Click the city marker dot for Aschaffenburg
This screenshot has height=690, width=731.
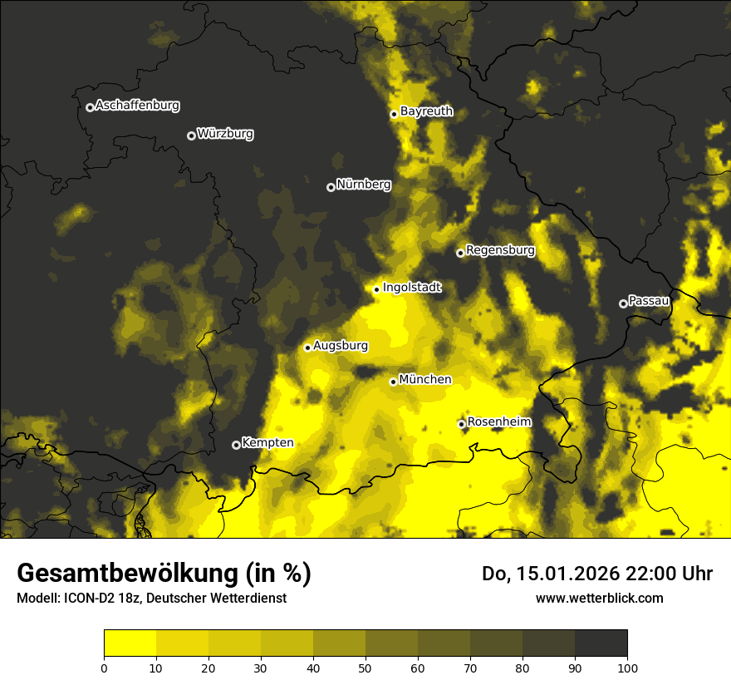pyautogui.click(x=90, y=107)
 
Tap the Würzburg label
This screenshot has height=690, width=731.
pyautogui.click(x=225, y=134)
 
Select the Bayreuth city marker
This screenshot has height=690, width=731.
pyautogui.click(x=394, y=114)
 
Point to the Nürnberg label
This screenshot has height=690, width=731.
pyautogui.click(x=363, y=185)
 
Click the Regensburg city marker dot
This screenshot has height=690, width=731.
pyautogui.click(x=460, y=253)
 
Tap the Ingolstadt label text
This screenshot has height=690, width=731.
pyautogui.click(x=412, y=288)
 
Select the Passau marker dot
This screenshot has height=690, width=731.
pyautogui.click(x=623, y=303)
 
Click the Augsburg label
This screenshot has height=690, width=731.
pyautogui.click(x=341, y=346)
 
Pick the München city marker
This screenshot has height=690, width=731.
pyautogui.click(x=393, y=382)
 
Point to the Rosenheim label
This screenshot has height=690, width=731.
pyautogui.click(x=498, y=422)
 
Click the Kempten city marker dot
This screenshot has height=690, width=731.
pyautogui.click(x=236, y=445)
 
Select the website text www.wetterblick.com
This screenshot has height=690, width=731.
pyautogui.click(x=599, y=598)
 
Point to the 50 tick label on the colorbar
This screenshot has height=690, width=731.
pyautogui.click(x=365, y=668)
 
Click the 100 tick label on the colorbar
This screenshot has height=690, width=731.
pyautogui.click(x=627, y=668)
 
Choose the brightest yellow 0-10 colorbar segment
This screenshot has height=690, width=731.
pyautogui.click(x=130, y=643)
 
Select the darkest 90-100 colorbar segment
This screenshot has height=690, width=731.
pyautogui.click(x=601, y=643)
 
